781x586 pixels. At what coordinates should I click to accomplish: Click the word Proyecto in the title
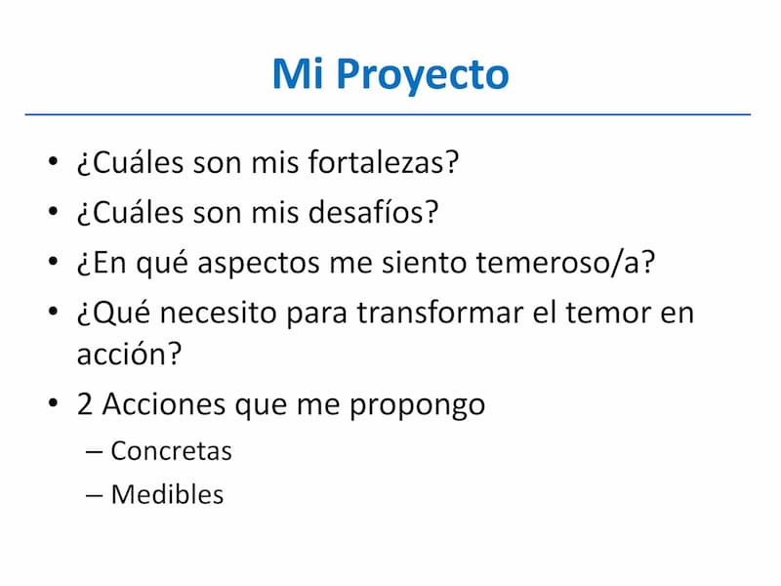coord(423,75)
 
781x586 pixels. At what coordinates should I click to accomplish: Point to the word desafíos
coord(373,212)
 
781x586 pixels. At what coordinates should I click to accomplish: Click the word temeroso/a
coord(565,262)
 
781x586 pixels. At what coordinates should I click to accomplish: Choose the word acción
coord(129,354)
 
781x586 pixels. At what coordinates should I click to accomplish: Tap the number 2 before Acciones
coord(85,403)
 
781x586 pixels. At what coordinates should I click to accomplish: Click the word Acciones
coord(164,403)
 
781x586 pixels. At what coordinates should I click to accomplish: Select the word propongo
coord(417,406)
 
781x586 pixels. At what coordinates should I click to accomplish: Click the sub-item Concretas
coord(172,451)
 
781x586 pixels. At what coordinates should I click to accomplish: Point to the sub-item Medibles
coord(167,494)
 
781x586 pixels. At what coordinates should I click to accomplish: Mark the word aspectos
coord(259,264)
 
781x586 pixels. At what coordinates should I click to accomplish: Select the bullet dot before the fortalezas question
coord(54,161)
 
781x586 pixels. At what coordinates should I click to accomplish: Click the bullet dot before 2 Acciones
coord(54,402)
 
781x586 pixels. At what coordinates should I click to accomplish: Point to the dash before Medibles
coord(94,495)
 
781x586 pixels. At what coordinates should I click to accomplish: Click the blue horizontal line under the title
coord(388,114)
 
